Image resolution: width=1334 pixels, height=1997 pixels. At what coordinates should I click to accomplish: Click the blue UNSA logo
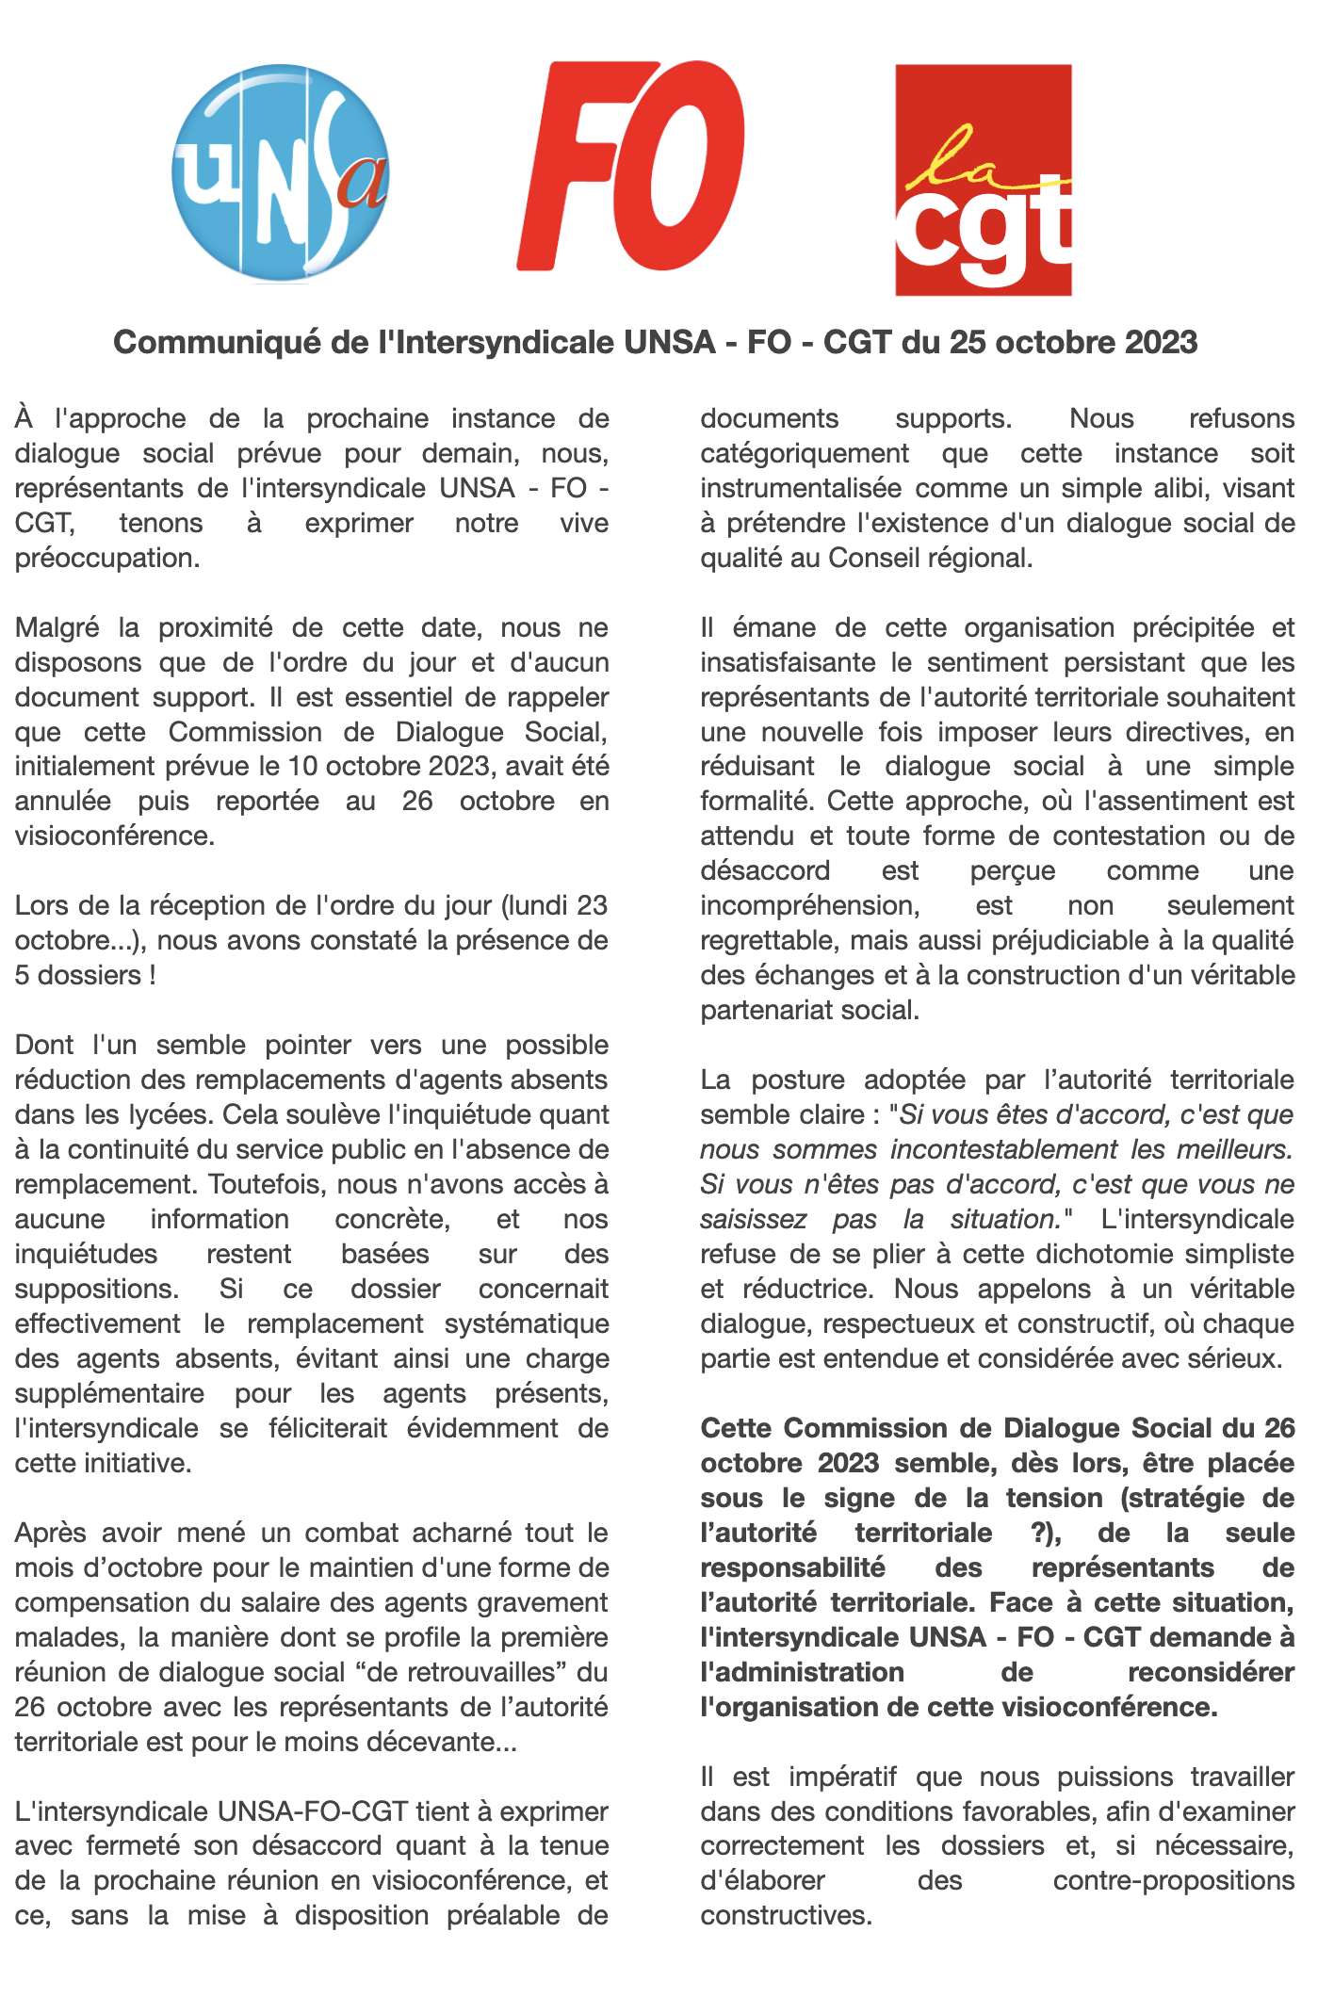pyautogui.click(x=280, y=175)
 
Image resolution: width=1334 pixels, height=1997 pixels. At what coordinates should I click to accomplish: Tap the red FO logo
pyautogui.click(x=629, y=167)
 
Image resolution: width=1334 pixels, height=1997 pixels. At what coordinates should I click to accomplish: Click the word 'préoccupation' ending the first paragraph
pyautogui.click(x=106, y=559)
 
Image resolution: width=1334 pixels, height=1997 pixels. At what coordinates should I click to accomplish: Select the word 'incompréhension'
pyautogui.click(x=809, y=906)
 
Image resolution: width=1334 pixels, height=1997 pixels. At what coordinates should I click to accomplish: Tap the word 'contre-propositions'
pyautogui.click(x=1173, y=1882)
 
